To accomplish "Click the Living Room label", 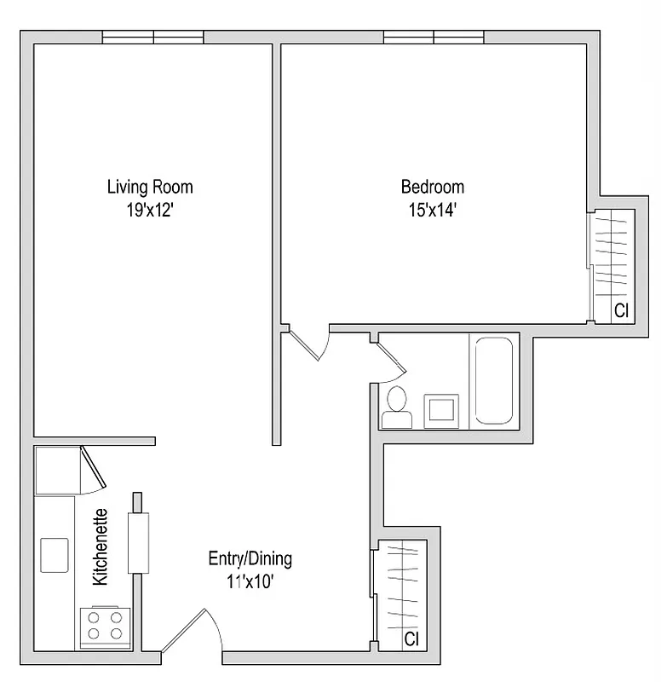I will pyautogui.click(x=150, y=187).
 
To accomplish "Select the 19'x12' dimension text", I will pyautogui.click(x=150, y=209).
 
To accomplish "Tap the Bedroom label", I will pyautogui.click(x=433, y=187).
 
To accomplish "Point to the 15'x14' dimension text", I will pyautogui.click(x=433, y=209).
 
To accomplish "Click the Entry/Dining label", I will pyautogui.click(x=250, y=559).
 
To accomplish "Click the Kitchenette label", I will pyautogui.click(x=101, y=546).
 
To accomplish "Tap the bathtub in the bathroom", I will pyautogui.click(x=494, y=380).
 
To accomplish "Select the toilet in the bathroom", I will pyautogui.click(x=397, y=408).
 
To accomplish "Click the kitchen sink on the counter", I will pyautogui.click(x=55, y=555).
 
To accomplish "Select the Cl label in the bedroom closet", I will pyautogui.click(x=621, y=311).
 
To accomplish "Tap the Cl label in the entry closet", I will pyautogui.click(x=411, y=639).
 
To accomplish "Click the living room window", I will pyautogui.click(x=153, y=37).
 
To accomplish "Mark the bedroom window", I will pyautogui.click(x=434, y=37).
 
